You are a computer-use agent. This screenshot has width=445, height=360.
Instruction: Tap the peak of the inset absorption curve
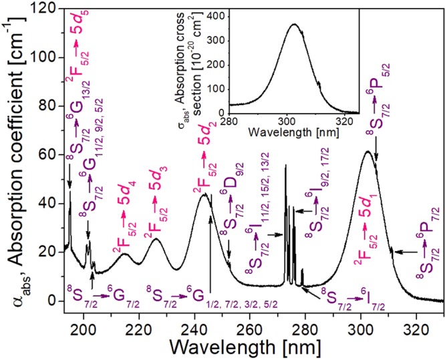click(293, 25)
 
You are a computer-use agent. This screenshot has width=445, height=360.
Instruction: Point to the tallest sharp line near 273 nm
click(285, 165)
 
